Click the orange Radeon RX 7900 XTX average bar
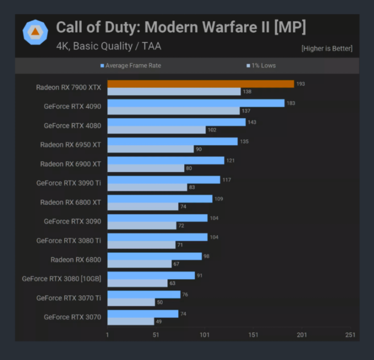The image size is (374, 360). pos(200,84)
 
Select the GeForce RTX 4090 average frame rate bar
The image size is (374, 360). pos(196,103)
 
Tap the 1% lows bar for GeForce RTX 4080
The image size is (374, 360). pos(156,130)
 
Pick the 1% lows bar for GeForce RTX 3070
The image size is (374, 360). pos(131,321)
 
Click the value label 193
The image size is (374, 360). pos(300,84)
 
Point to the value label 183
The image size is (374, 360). pos(291,103)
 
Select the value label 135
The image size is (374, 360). pos(244,141)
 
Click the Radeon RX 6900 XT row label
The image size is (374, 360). pos(71,164)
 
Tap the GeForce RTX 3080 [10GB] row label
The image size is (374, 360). pos(62,278)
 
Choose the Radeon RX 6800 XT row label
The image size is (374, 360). pos(71,202)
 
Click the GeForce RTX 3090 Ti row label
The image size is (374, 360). pos(69,183)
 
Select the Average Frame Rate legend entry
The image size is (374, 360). pos(131,65)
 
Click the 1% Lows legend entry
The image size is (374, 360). pos(261,65)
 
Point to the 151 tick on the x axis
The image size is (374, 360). pos(253,335)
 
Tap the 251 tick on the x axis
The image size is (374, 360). pos(350,335)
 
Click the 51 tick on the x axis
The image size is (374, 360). pos(156,335)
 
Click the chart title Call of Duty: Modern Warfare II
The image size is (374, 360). pos(180,27)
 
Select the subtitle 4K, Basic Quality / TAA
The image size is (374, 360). pos(109,46)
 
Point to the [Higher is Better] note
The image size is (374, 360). pos(326,48)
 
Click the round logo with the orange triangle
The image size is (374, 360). pos(35,32)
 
